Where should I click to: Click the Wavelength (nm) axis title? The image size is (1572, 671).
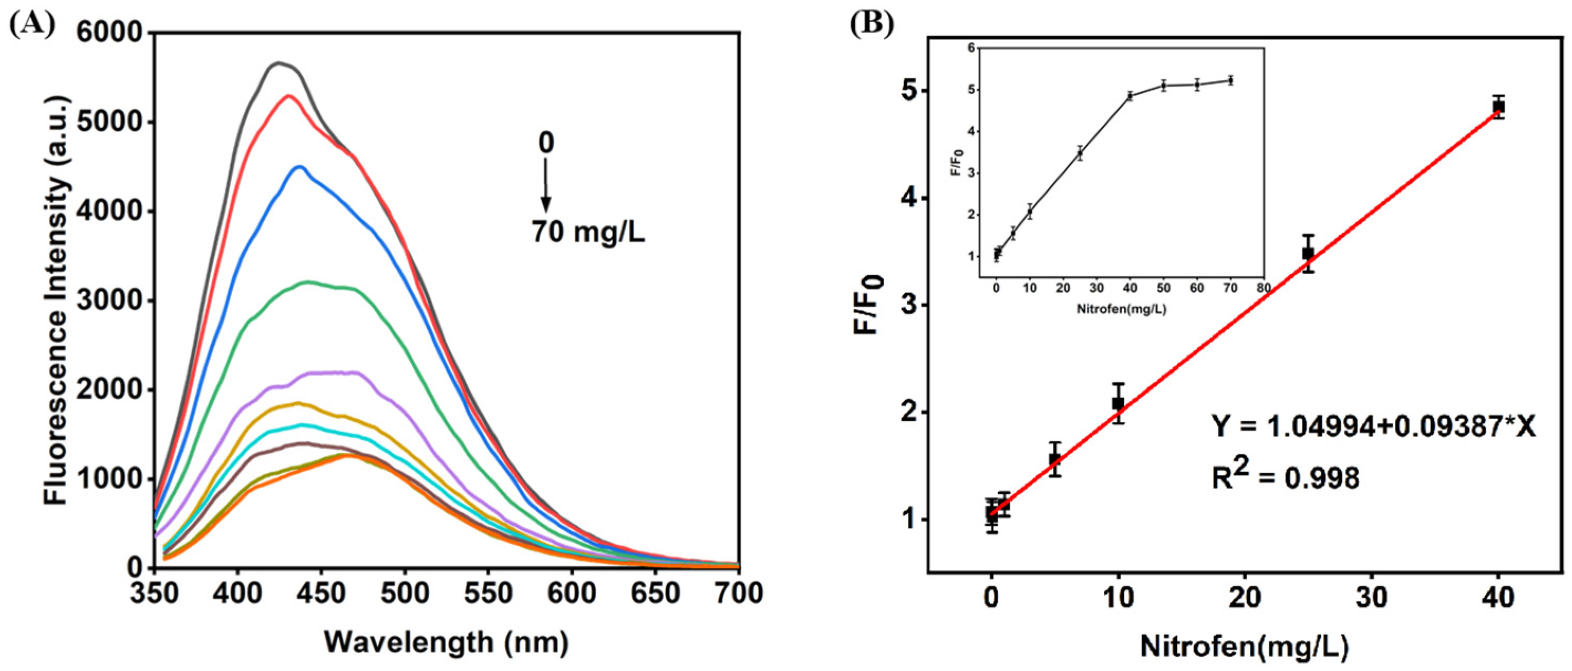point(446,642)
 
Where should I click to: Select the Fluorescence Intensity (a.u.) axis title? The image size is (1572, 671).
point(56,298)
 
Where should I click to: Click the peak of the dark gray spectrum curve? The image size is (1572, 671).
point(279,62)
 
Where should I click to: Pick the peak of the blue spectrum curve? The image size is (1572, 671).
point(299,167)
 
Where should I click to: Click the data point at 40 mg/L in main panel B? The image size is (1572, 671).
point(1498,107)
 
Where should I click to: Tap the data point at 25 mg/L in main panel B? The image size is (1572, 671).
point(1308,253)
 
